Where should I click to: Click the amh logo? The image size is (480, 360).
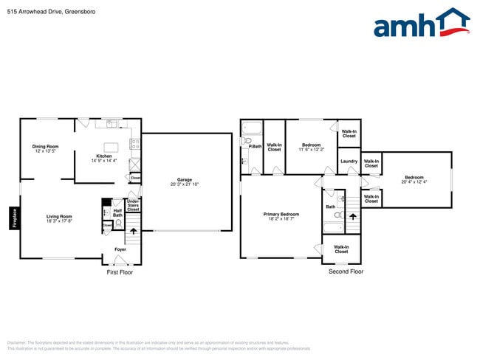(421, 24)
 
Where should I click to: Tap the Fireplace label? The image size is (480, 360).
(14, 218)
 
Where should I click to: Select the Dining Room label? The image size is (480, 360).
(45, 146)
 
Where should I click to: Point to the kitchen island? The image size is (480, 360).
(112, 146)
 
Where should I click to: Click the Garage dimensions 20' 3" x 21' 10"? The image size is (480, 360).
(183, 184)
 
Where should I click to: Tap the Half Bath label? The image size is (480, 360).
(117, 212)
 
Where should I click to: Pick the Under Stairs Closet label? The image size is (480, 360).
(133, 205)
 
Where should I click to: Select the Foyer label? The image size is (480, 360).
(120, 249)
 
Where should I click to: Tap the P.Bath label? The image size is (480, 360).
(255, 146)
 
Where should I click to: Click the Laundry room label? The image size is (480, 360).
(349, 162)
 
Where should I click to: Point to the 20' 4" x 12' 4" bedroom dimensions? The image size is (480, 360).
(414, 181)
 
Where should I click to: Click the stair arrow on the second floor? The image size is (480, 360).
(352, 216)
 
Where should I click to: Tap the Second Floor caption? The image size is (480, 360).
(346, 272)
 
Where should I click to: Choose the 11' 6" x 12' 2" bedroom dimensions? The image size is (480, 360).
(311, 149)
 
